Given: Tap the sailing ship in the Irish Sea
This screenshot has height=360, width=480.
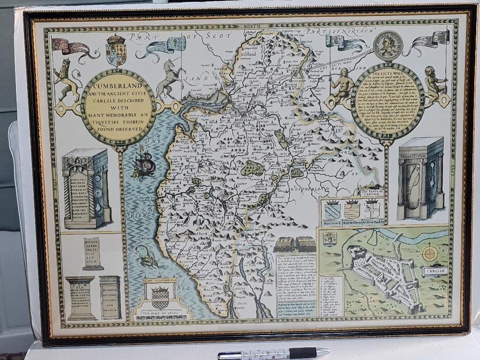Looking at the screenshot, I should (142, 162).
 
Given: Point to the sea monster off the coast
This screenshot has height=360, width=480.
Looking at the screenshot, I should (146, 257).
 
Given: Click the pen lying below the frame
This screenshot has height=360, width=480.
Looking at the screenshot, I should (274, 353).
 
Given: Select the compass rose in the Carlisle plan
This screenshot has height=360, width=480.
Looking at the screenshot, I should (429, 254).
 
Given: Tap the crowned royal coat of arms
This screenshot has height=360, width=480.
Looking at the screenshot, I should (116, 50).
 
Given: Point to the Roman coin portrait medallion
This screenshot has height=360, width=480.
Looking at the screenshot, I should (388, 45).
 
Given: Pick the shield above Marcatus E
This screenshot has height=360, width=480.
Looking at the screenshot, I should (332, 209).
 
